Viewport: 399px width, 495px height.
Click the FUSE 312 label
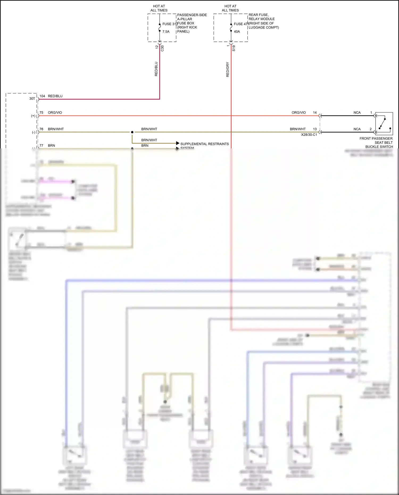coord(170,24)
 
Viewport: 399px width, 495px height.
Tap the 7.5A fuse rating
coord(166,32)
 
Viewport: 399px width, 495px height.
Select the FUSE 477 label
coord(241,24)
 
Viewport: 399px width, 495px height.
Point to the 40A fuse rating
coord(237,32)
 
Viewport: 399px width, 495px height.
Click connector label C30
coord(162,48)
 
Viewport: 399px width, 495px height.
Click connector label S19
coord(234,48)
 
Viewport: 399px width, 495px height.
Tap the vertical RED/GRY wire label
coord(227,70)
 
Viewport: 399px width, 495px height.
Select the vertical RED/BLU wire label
coord(156,69)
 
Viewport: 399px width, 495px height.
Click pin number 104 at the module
coord(42,96)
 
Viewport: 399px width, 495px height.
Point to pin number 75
coord(41,113)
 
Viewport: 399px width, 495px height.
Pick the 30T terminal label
coord(32,99)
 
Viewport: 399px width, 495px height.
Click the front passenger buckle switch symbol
coord(384,124)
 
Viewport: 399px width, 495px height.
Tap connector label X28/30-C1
coord(309,135)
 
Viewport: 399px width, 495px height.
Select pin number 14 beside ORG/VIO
coord(315,113)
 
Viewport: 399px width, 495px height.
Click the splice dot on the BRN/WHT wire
coord(132,132)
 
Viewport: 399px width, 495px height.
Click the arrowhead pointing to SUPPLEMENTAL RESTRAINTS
coord(178,143)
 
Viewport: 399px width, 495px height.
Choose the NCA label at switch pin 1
coord(357,113)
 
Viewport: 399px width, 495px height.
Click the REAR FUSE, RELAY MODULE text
coord(261,17)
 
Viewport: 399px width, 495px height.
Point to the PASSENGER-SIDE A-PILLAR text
coord(192,17)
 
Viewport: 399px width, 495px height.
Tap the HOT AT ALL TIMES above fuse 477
coord(230,8)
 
